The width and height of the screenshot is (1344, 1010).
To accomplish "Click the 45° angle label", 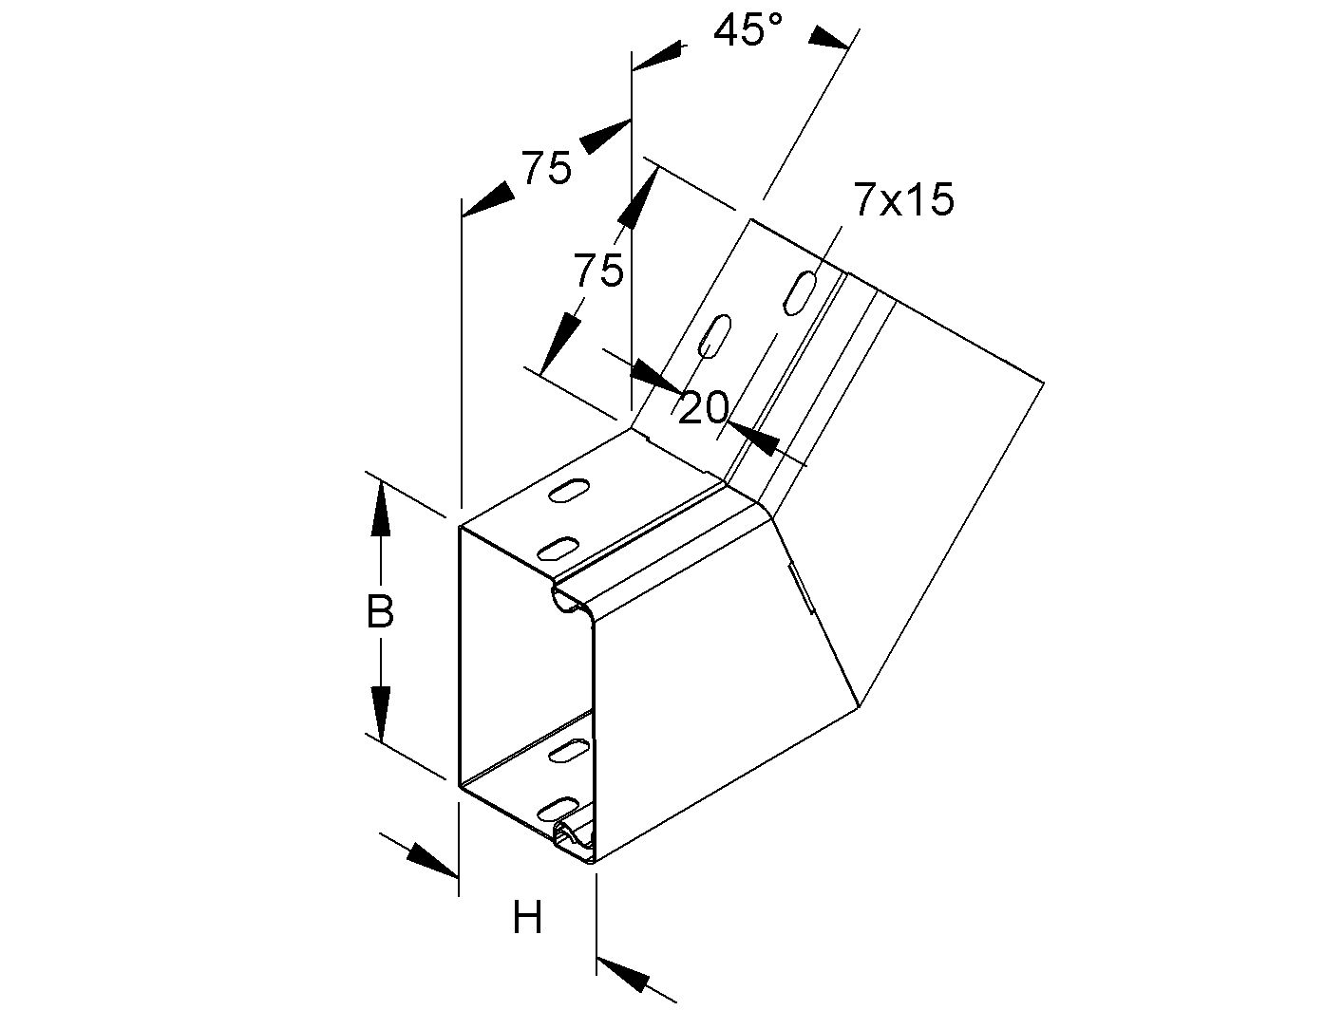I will tap(748, 30).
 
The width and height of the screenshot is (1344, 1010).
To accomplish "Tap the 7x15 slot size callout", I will tap(903, 200).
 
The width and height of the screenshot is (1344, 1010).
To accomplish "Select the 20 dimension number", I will tap(704, 408).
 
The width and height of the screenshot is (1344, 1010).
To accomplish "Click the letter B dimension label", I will tap(380, 612).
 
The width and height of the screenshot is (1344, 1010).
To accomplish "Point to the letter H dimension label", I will tap(527, 919).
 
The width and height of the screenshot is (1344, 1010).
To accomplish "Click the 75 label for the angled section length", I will tap(598, 271).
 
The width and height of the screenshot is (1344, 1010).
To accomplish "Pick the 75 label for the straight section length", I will tap(546, 169).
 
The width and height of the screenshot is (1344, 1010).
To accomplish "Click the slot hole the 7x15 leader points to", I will tap(800, 292).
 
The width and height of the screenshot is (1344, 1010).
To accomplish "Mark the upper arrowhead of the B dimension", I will tap(380, 508).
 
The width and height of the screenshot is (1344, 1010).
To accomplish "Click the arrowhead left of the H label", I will tap(432, 859).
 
